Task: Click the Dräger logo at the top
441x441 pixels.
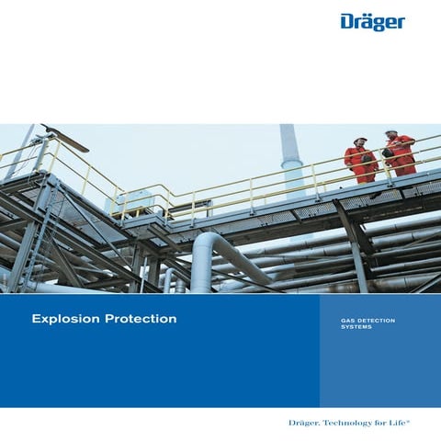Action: point(372,21)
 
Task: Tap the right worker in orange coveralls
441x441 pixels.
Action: point(399,153)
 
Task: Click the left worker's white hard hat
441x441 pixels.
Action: point(360,140)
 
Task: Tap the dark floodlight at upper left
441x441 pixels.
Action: point(66,140)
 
